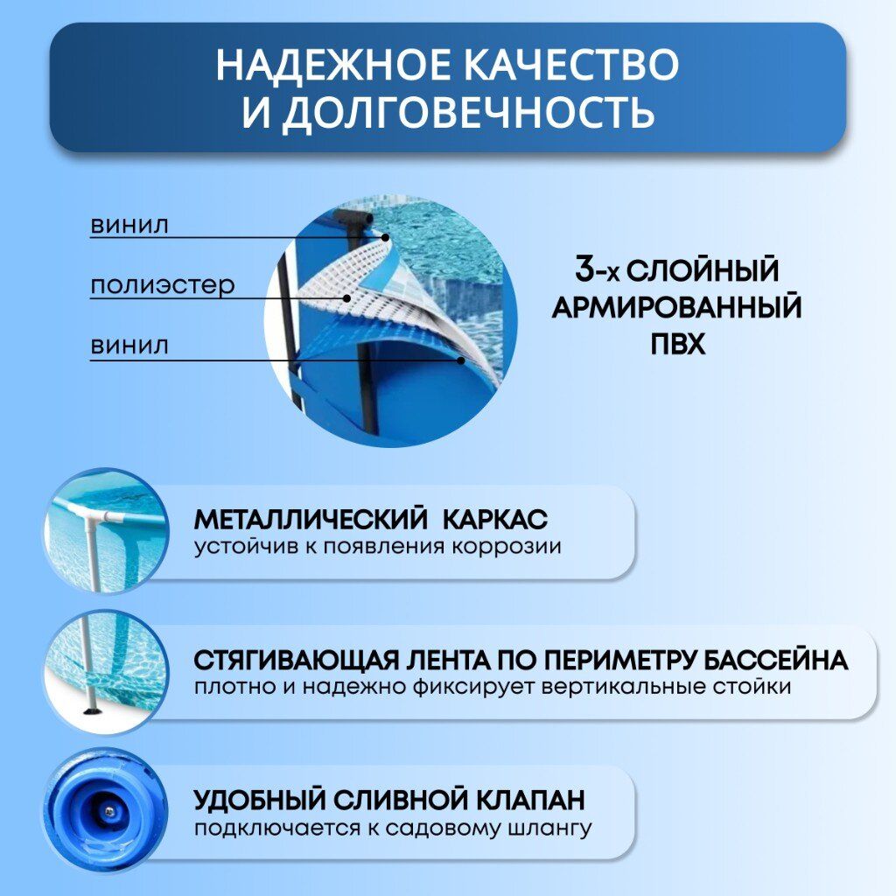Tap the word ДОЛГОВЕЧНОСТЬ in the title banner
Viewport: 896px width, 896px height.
pos(468,112)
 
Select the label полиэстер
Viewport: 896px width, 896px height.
pos(162,284)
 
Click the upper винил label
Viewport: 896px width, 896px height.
pos(129,225)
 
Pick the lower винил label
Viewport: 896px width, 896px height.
pos(129,346)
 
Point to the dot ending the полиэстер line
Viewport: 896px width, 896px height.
pos(346,297)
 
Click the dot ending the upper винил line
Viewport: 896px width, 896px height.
pos(386,237)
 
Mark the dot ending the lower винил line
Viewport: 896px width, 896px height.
pos(461,360)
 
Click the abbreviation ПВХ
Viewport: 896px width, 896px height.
pos(678,344)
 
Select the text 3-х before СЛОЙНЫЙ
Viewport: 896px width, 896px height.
pos(598,269)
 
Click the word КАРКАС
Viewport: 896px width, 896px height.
pos(495,520)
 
